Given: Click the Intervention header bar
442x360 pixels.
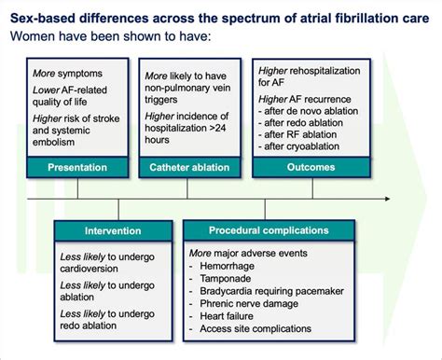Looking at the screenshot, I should pyautogui.click(x=114, y=230).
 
